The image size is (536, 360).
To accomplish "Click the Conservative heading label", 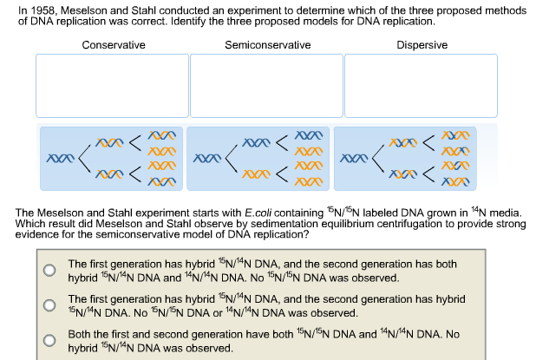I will [114, 45].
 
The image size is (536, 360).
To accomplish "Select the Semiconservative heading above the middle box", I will [267, 45].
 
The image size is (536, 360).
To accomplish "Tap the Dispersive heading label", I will [422, 45].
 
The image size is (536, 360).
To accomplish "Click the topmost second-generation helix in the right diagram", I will [454, 135].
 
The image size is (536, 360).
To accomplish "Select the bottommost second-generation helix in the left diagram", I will [161, 183].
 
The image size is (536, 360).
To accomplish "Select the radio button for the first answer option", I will [50, 270].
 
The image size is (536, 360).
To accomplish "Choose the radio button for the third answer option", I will [50, 340].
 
